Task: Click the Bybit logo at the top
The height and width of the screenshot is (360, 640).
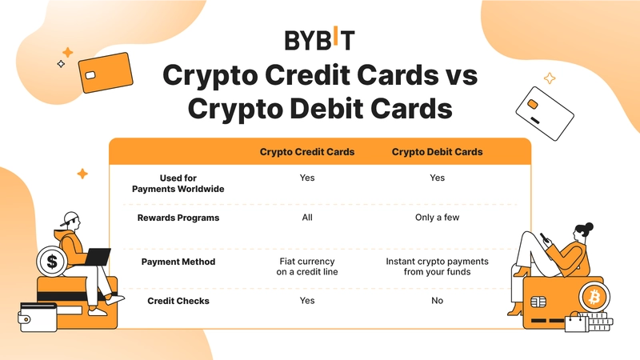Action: (x=319, y=38)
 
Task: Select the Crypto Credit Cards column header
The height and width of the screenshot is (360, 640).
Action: (x=307, y=152)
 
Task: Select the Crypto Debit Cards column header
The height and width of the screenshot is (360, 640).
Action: (x=437, y=152)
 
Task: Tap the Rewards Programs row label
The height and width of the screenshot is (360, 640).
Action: (x=178, y=218)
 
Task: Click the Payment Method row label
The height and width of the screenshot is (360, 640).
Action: (x=178, y=262)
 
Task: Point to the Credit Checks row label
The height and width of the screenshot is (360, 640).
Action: (x=178, y=301)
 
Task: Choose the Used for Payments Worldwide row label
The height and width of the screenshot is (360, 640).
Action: (x=178, y=183)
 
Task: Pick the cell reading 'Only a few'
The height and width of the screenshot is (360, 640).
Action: (x=437, y=218)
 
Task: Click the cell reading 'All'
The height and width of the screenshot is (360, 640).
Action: (x=307, y=218)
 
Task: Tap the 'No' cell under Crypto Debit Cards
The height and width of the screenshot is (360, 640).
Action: (x=437, y=301)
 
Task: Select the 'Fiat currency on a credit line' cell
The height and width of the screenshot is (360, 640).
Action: (x=307, y=266)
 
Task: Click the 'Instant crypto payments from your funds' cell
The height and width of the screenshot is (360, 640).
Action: (x=437, y=266)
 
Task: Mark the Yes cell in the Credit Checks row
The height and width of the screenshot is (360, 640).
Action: (x=307, y=301)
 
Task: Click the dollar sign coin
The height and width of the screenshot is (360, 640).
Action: (x=52, y=262)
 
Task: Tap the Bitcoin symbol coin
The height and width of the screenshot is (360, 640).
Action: (x=594, y=297)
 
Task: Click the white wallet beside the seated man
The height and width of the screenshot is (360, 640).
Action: (x=38, y=317)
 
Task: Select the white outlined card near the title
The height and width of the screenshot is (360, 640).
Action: (x=545, y=114)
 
